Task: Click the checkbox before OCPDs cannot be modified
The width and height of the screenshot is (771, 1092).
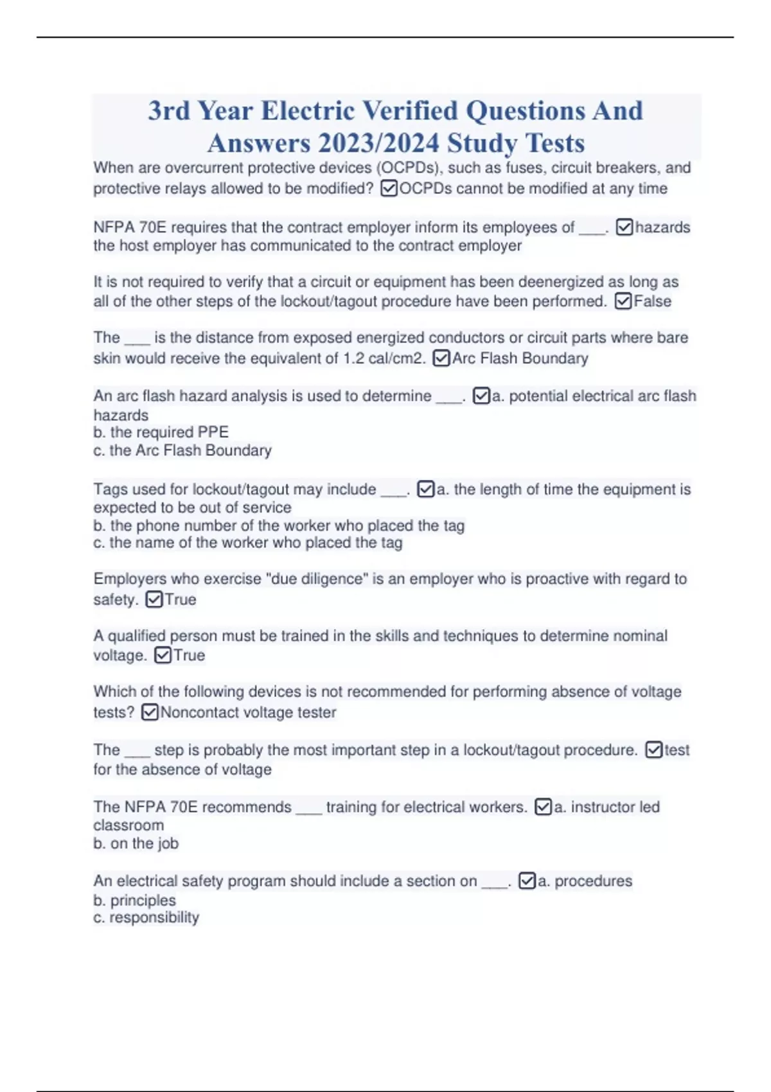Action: [389, 188]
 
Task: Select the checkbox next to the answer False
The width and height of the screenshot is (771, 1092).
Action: [623, 301]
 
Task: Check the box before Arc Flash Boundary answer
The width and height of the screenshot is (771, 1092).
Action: [441, 358]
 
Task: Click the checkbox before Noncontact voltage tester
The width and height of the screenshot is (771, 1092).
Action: [150, 712]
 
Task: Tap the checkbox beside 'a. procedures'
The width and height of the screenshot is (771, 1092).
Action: [527, 881]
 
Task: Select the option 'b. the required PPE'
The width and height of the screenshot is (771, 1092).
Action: [161, 432]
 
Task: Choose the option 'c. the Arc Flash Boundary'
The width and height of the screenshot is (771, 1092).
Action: [182, 450]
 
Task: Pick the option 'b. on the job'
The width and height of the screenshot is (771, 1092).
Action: [136, 843]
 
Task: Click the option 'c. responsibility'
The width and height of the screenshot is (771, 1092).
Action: [146, 917]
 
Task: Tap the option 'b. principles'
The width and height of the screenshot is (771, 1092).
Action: [134, 900]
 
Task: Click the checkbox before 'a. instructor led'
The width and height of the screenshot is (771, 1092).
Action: [544, 807]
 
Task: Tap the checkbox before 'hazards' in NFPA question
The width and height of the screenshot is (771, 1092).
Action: [625, 227]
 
